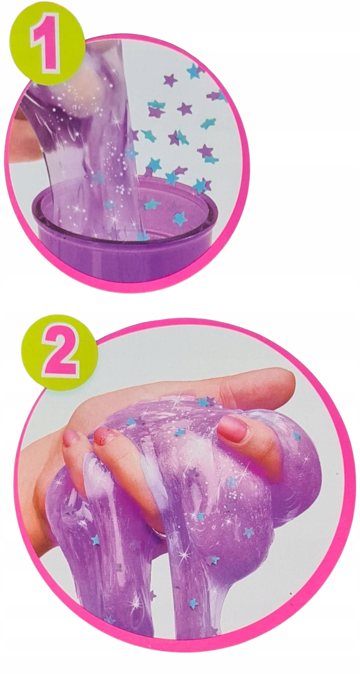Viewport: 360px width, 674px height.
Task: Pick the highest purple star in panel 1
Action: click(170, 79)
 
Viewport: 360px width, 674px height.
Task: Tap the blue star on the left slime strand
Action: click(96, 540)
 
